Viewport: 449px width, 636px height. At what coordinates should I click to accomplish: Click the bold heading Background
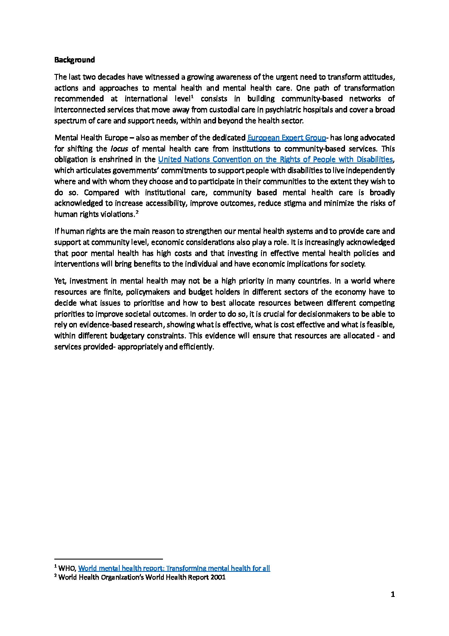(74, 60)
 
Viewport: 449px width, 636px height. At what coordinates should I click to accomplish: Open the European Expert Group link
(286, 138)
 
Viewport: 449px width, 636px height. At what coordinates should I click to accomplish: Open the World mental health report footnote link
(174, 568)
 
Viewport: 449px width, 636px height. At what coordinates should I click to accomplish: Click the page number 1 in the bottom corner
(393, 595)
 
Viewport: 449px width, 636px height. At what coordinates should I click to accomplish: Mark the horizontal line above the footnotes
(109, 559)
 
